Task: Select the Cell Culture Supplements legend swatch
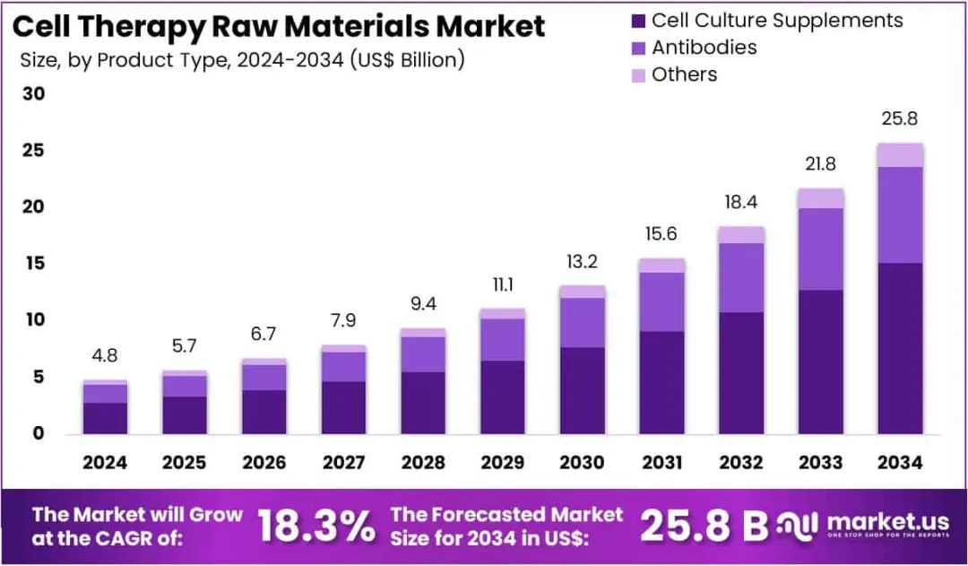(x=637, y=21)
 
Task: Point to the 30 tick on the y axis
(x=33, y=94)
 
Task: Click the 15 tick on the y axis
(x=33, y=264)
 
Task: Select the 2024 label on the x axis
(x=105, y=463)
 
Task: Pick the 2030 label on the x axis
(x=583, y=463)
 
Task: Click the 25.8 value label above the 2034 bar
(x=900, y=119)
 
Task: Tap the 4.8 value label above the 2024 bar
(x=105, y=355)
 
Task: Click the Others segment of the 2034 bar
(x=900, y=155)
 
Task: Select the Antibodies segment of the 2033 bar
(x=821, y=248)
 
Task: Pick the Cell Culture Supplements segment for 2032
(x=741, y=372)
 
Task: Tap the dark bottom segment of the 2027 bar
(x=344, y=407)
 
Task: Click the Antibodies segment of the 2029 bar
(x=503, y=339)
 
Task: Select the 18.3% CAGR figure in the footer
(x=316, y=527)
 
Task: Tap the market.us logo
(x=865, y=525)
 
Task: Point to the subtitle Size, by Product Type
(x=242, y=61)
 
